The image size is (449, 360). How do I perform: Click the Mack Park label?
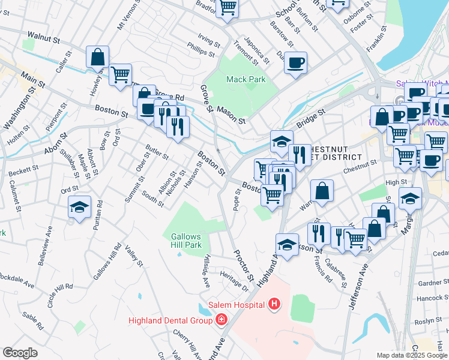point(245,79)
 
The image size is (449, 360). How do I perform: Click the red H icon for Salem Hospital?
point(274,305)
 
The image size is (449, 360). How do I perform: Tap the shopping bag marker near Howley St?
point(97,58)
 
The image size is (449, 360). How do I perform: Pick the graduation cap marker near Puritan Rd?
point(79,208)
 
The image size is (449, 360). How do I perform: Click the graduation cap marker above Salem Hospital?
point(287,245)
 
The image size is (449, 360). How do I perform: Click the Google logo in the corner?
point(20,353)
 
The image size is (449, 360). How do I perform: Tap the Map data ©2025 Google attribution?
point(412,355)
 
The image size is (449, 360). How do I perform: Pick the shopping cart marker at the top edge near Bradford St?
point(228,8)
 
